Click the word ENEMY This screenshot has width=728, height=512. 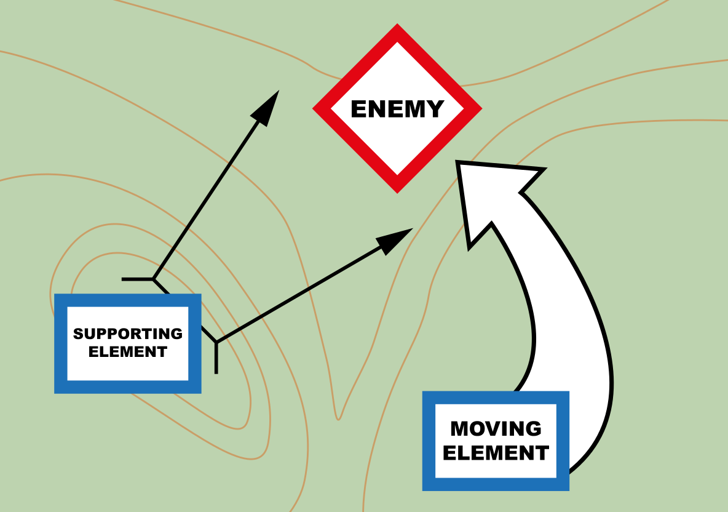[x=397, y=110]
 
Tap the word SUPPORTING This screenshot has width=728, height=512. [x=128, y=334]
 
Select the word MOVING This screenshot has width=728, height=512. [x=496, y=428]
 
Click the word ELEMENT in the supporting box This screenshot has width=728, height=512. [x=128, y=352]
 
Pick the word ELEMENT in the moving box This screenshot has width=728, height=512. [x=496, y=454]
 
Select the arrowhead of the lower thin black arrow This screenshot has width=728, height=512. [x=395, y=238]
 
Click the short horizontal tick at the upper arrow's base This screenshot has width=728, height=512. [x=136, y=279]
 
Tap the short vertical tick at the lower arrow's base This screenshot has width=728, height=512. [x=216, y=360]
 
